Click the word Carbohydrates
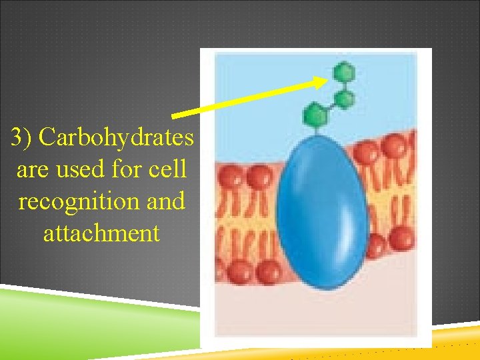pos(117,138)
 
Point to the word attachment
pos(101,233)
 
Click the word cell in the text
pos(169,170)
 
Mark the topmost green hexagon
pos(343,70)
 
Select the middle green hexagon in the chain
pos(344,99)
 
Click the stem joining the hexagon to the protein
pos(319,129)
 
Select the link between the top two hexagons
pos(344,85)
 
